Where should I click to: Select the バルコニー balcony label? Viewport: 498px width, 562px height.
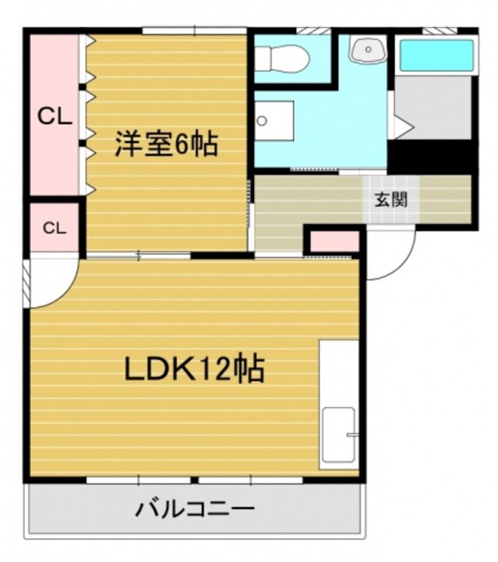[x=195, y=508]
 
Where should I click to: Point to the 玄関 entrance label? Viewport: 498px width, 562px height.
[x=390, y=199]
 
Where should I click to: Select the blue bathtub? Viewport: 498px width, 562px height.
[x=436, y=55]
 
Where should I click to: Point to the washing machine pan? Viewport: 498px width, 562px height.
[x=274, y=121]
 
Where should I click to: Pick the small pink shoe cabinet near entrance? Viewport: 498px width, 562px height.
[x=334, y=242]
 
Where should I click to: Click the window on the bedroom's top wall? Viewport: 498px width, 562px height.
[x=194, y=30]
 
